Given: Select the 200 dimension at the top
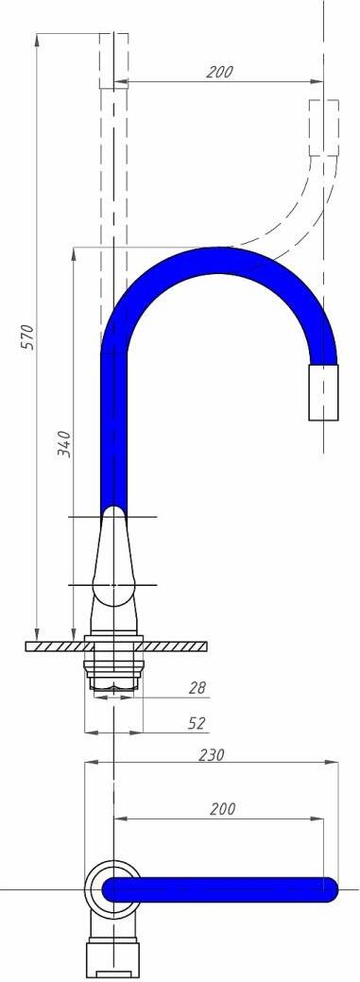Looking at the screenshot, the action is (220, 72).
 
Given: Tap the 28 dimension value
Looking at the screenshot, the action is (197, 688).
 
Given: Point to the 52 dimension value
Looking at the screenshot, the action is (197, 723).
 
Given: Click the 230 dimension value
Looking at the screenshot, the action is (211, 754).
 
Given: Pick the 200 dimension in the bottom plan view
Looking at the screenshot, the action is (222, 808).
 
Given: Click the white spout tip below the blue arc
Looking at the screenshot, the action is (324, 392).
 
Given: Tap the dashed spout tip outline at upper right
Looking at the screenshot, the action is (324, 128).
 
